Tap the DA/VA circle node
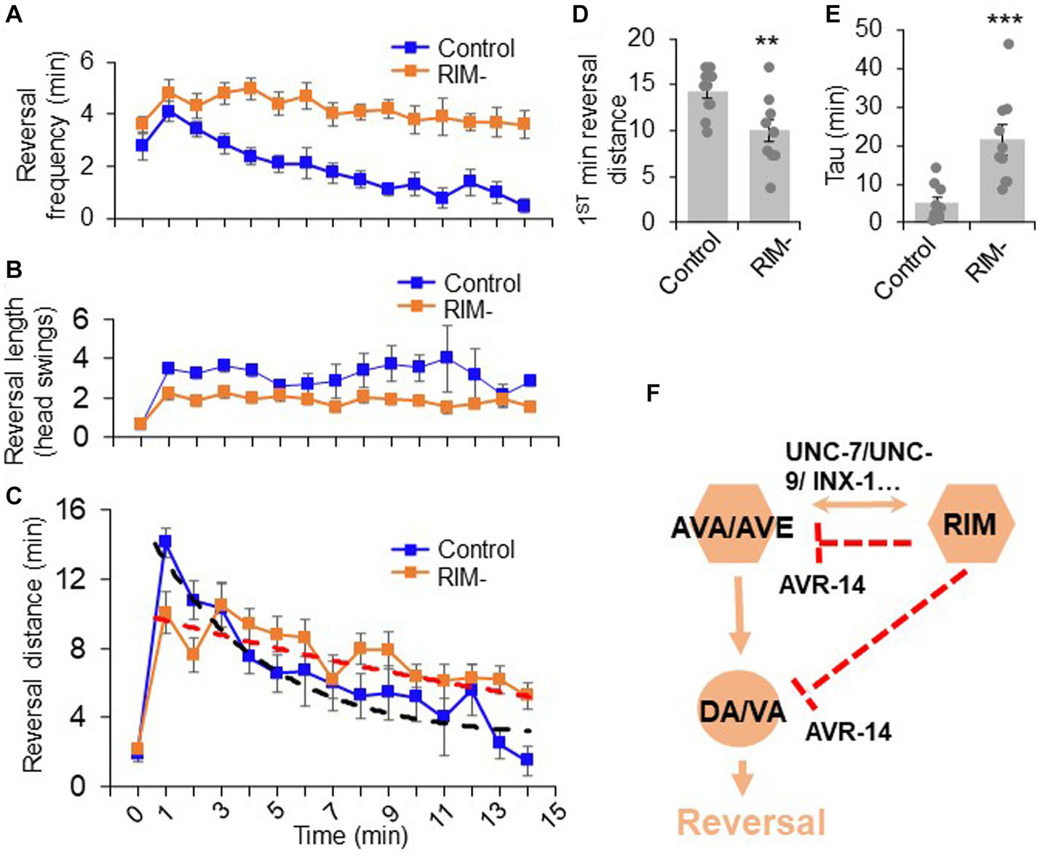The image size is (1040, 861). coord(742,710)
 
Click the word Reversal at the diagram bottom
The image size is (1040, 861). coord(751,822)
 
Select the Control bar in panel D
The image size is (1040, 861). coord(707,156)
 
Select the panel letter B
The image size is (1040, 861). coord(14,270)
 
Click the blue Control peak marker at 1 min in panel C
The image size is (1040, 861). coord(165,541)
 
